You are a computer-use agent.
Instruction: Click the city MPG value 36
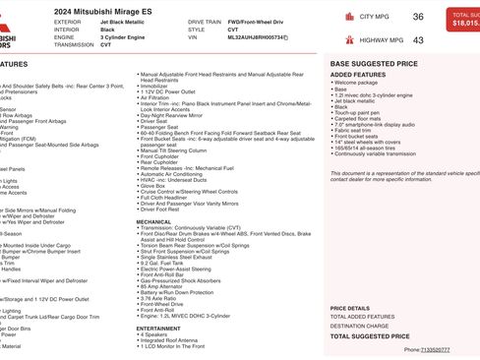[x=418, y=17]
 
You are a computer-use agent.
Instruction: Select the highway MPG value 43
[x=418, y=40]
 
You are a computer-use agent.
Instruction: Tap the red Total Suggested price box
[x=462, y=19]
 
